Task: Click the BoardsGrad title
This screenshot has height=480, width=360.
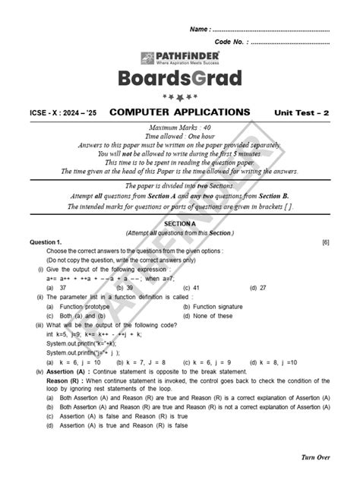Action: (180, 79)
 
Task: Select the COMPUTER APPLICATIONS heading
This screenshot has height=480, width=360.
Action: (180, 112)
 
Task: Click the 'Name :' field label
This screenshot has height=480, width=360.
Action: (199, 29)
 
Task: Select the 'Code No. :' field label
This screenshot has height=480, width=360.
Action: (231, 42)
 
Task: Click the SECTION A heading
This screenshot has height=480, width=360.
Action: (180, 224)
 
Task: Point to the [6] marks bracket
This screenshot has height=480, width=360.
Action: (325, 241)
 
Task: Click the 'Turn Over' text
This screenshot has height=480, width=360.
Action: (312, 458)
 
